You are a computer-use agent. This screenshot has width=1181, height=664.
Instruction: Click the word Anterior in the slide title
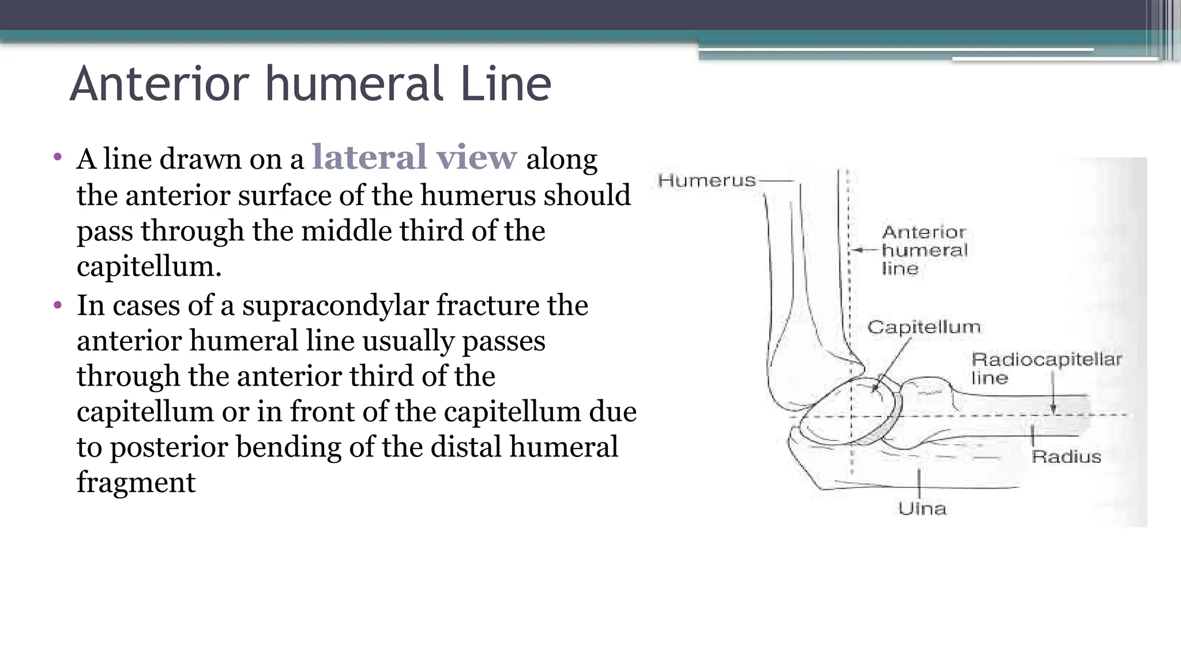pos(159,84)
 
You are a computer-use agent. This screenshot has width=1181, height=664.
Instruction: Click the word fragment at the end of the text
pos(136,482)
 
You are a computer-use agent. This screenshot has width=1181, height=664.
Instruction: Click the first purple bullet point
pos(57,157)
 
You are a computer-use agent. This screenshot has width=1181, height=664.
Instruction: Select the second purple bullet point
pos(57,304)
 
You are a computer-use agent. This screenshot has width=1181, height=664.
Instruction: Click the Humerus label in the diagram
pos(706,181)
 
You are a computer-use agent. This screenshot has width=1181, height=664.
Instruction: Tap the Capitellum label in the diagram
pos(923,327)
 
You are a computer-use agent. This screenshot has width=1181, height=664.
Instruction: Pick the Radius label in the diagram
pos(1066,457)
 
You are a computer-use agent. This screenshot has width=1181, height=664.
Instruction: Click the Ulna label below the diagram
pos(922,508)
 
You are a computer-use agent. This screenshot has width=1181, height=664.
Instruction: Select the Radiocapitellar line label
pos(1045,368)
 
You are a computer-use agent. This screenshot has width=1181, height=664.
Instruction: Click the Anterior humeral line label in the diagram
pos(924,250)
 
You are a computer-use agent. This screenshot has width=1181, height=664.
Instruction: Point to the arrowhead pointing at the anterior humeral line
pos(856,250)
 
